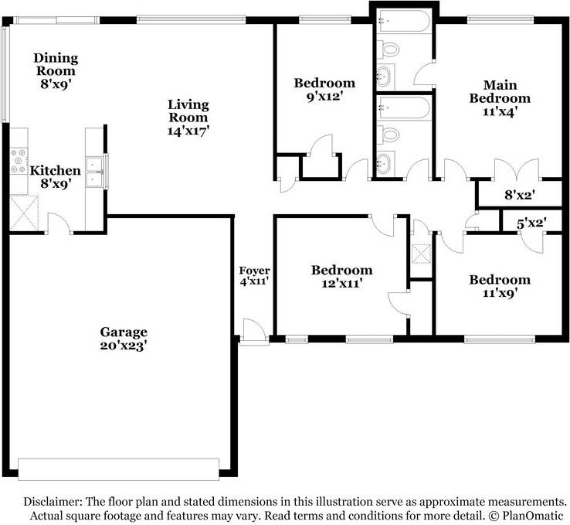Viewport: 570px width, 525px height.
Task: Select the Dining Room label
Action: pyautogui.click(x=54, y=63)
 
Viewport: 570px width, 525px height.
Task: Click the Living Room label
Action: pyautogui.click(x=188, y=111)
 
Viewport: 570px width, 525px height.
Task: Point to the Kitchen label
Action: pyautogui.click(x=55, y=171)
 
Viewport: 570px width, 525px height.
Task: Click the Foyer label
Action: pyautogui.click(x=254, y=271)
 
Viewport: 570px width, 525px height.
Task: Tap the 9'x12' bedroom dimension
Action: pyautogui.click(x=324, y=97)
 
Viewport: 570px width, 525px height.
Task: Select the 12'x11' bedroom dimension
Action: pyautogui.click(x=341, y=284)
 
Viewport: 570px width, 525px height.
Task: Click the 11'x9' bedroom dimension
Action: pyautogui.click(x=500, y=294)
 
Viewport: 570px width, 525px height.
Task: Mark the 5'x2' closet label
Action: pyautogui.click(x=531, y=223)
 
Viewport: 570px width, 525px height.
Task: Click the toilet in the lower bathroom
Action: pyautogui.click(x=392, y=135)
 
